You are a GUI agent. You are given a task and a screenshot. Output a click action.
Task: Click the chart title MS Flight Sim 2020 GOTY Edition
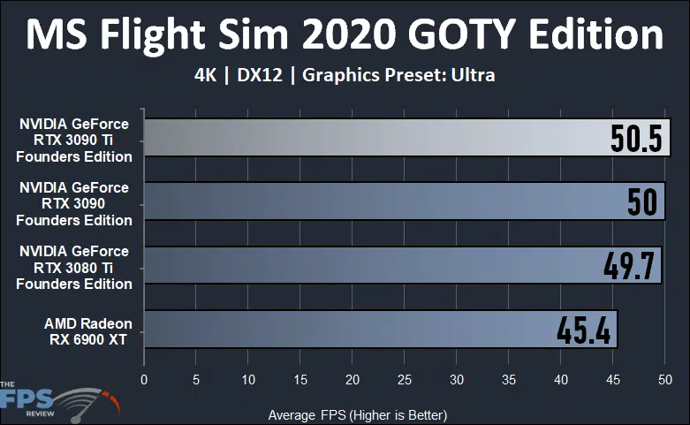(x=345, y=35)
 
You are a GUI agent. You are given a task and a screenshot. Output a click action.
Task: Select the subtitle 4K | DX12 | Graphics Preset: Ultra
(x=345, y=75)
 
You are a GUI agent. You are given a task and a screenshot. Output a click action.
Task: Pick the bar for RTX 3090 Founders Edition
(x=371, y=201)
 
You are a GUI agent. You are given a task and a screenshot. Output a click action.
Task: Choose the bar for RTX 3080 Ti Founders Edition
(x=371, y=265)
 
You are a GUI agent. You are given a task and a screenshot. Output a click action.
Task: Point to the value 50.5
(x=635, y=138)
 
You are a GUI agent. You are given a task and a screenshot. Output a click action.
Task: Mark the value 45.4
(x=584, y=329)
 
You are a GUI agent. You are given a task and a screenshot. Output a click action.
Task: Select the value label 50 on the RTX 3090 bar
(x=642, y=201)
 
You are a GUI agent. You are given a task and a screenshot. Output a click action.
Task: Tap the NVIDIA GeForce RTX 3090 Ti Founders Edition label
(x=76, y=140)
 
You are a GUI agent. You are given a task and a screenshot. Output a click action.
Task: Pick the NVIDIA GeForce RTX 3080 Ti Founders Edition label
(x=76, y=268)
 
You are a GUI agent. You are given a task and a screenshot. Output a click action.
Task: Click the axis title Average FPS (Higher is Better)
(x=357, y=414)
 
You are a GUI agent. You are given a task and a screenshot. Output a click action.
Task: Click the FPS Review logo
(x=58, y=398)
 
